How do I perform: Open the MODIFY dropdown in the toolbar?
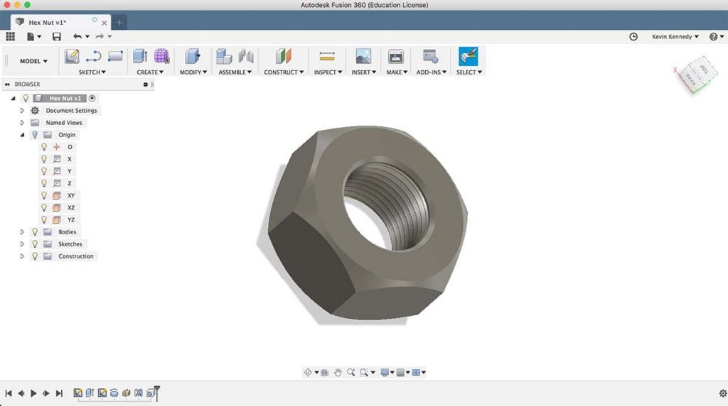[193, 72]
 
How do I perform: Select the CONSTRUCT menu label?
[284, 72]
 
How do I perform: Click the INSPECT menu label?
[328, 72]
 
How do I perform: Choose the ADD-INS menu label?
[432, 72]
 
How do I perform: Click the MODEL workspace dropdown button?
[33, 61]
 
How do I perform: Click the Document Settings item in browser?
[71, 111]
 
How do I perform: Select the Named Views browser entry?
[64, 123]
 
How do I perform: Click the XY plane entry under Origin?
[71, 195]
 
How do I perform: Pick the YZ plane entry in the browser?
[71, 220]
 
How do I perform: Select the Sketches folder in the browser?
[70, 244]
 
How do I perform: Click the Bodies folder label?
[67, 232]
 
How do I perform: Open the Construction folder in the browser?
[75, 256]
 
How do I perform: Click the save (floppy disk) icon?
[57, 37]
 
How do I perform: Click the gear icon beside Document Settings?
[35, 111]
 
